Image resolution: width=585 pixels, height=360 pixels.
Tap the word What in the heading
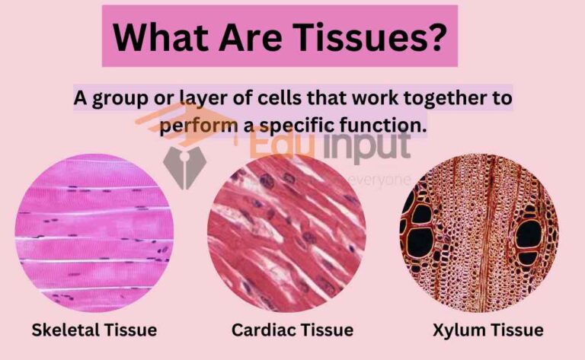coord(155,35)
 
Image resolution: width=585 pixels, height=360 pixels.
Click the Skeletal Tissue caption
coord(94,330)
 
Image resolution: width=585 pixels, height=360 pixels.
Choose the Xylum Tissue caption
coord(488,330)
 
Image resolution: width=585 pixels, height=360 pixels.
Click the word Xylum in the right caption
coord(460,330)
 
